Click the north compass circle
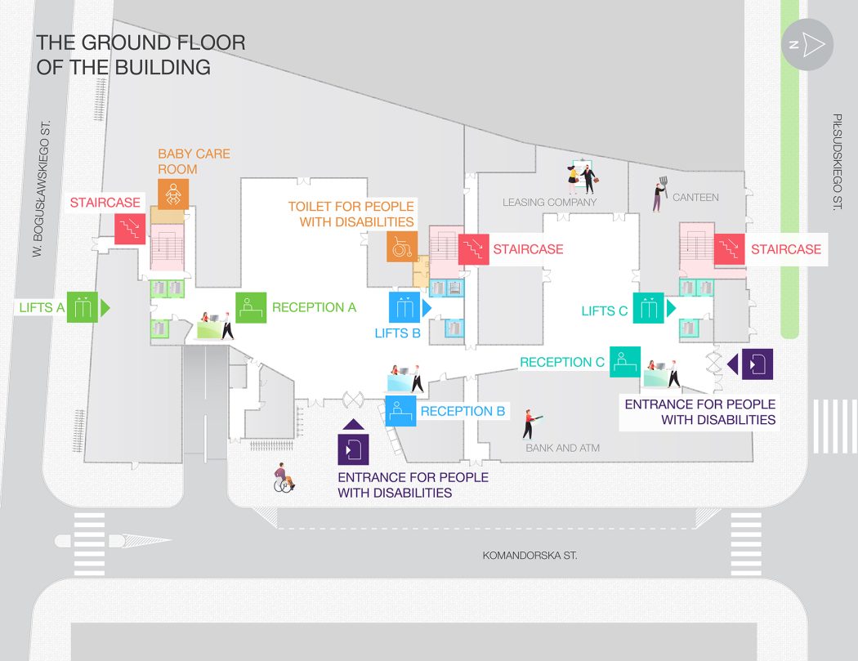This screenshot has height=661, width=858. coord(807,44)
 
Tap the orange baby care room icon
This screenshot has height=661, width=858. coord(173,194)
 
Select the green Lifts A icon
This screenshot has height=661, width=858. coord(82,307)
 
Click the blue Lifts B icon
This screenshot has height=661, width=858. coord(404,307)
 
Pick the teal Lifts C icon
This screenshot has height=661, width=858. coord(649,308)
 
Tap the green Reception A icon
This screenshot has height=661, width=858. coord(251,307)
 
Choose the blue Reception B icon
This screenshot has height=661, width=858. coord(400,411)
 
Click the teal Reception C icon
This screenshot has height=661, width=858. coord(625,362)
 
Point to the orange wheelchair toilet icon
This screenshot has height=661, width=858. coord(402,247)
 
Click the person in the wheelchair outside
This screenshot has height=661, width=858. coord(284,478)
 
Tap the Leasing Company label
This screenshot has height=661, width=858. coord(549,203)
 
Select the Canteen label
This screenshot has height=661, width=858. coord(695,198)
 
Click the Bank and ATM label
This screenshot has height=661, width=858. coord(562,448)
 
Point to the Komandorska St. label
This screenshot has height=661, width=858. coord(530,556)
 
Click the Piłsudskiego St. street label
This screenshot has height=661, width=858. coord(837,162)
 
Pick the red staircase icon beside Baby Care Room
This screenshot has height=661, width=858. coord(130,229)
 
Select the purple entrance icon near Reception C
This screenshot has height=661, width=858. coord(757,364)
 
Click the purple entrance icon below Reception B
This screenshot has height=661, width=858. coord(354,449)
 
